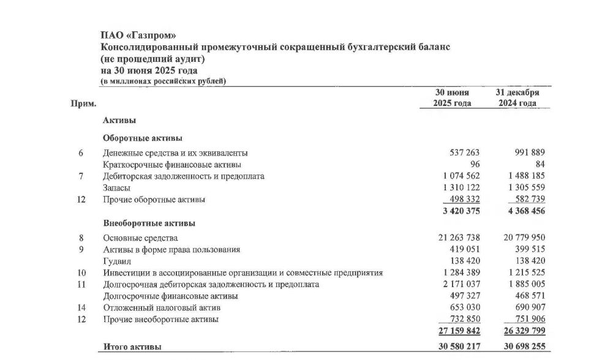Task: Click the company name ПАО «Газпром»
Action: pyautogui.click(x=133, y=36)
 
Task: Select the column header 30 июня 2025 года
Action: pyautogui.click(x=453, y=98)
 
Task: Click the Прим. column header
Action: pyautogui.click(x=84, y=103)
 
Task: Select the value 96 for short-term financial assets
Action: pyautogui.click(x=474, y=164)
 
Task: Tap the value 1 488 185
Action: pyautogui.click(x=524, y=176)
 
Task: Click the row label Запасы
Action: pyautogui.click(x=116, y=188)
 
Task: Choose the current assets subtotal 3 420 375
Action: pyautogui.click(x=456, y=211)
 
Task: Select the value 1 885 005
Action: pyautogui.click(x=524, y=285)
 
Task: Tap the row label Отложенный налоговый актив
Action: pyautogui.click(x=161, y=308)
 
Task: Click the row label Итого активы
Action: pyautogui.click(x=132, y=347)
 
